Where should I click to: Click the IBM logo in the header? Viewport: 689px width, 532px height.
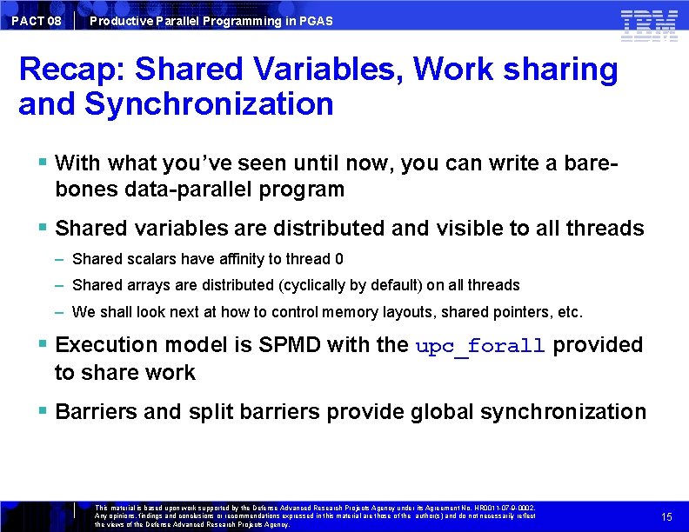649,25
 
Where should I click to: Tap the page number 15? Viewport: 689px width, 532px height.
666,516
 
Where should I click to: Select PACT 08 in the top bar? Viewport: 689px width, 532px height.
37,20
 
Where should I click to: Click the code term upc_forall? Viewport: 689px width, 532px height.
480,345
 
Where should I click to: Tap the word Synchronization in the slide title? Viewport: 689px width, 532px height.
209,104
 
